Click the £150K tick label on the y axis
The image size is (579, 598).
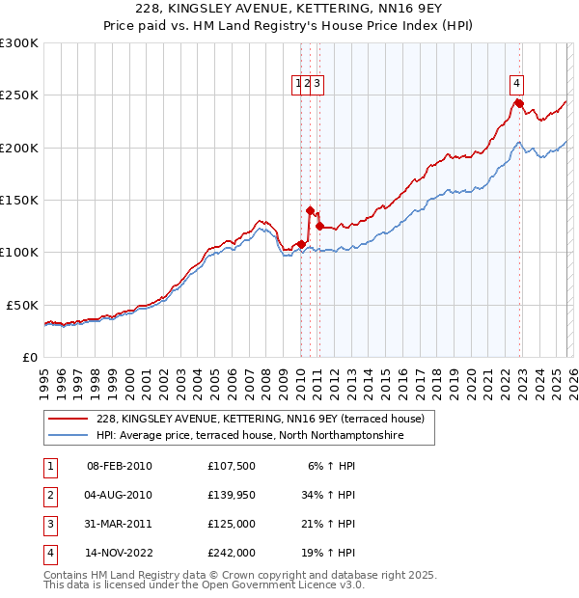19,200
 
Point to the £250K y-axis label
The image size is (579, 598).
19,95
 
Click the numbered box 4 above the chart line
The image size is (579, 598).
517,83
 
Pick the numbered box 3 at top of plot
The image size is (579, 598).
317,83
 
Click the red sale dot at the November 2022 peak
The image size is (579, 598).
518,103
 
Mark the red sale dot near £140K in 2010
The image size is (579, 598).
310,210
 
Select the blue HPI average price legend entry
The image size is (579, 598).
249,436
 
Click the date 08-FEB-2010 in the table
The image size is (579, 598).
120,466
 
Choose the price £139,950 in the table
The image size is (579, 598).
232,495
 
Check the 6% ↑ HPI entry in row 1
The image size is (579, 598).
332,466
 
